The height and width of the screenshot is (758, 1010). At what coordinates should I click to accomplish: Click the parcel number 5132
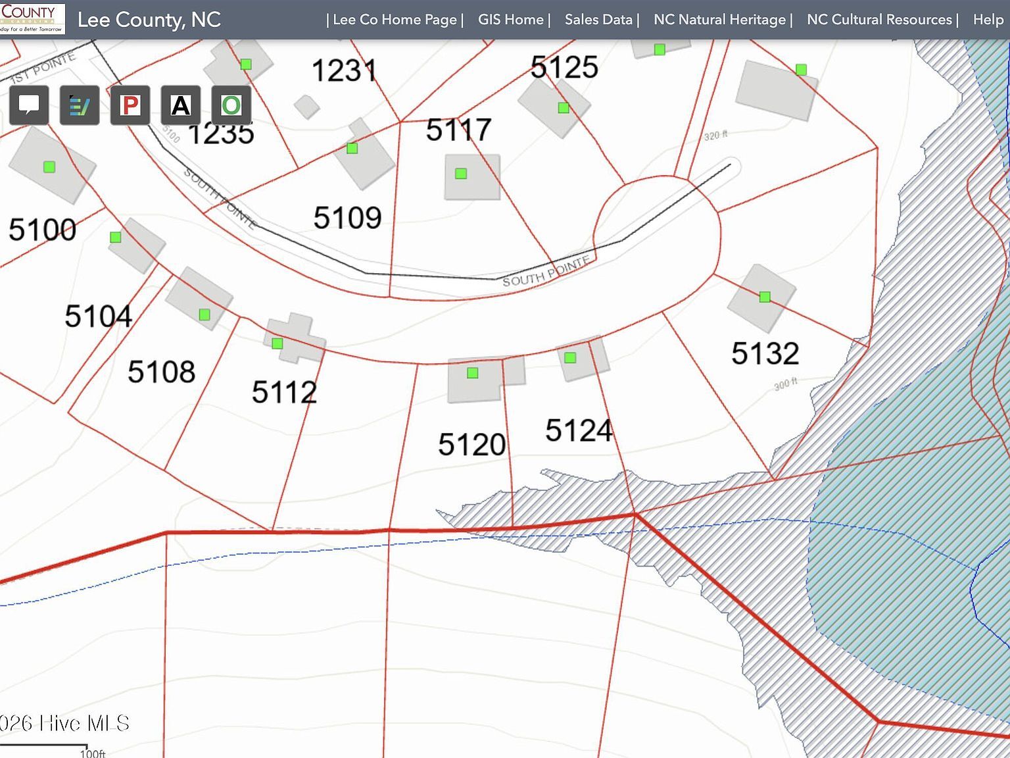click(765, 354)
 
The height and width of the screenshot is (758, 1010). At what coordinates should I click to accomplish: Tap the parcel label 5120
click(472, 445)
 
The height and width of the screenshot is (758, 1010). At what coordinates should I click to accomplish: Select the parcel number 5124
click(579, 431)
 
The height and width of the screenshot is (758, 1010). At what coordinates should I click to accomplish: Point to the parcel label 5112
click(284, 393)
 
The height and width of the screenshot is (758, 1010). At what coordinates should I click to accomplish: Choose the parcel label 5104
click(99, 316)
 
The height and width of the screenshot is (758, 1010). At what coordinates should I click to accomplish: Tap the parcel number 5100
click(42, 230)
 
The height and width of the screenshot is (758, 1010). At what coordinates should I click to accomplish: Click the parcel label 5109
click(347, 218)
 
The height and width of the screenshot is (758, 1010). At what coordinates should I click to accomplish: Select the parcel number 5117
click(458, 130)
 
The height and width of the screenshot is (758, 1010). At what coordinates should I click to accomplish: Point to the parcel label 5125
click(564, 67)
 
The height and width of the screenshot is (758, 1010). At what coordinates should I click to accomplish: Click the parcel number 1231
click(344, 71)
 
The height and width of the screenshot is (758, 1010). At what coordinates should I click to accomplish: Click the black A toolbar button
click(180, 105)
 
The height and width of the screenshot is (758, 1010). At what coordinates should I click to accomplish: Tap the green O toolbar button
click(231, 105)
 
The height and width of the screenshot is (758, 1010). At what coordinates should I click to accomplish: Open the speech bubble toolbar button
click(29, 105)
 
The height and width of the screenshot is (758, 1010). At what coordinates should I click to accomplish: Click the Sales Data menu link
click(598, 20)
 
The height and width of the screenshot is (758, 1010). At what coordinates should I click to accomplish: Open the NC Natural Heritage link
click(719, 20)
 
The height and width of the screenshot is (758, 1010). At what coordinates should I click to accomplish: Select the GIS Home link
click(511, 20)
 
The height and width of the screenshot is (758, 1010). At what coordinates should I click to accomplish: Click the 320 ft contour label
click(715, 136)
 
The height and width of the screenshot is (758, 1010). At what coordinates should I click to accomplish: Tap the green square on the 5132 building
click(765, 297)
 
